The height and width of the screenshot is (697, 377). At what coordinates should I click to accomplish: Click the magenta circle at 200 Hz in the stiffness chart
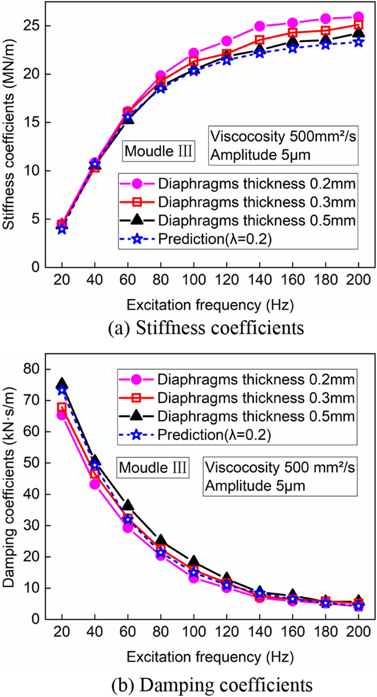(x=359, y=17)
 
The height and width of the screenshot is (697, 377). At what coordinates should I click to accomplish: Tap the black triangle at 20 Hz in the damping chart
(x=62, y=384)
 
